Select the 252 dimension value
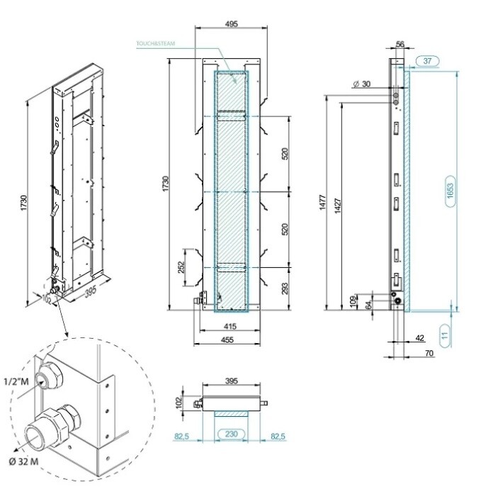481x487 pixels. click(181, 267)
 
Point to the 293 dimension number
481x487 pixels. click(284, 287)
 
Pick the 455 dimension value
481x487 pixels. click(228, 340)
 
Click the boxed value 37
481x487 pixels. click(427, 62)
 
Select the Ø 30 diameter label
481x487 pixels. click(361, 84)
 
